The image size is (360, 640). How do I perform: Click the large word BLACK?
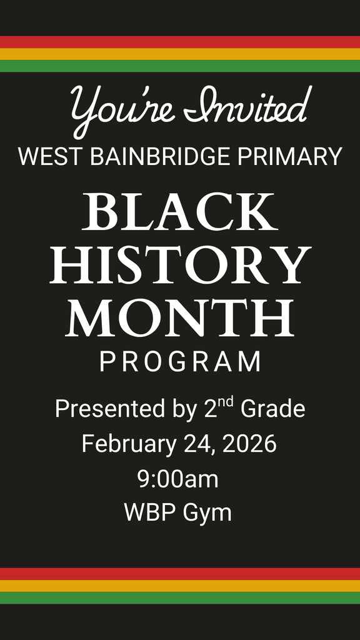point(179,212)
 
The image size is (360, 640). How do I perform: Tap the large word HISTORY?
point(180,265)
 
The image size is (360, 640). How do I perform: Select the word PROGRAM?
point(180,362)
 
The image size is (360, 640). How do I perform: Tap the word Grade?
point(273,409)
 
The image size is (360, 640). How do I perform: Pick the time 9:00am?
point(177,479)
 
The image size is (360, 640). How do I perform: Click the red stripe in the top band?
point(180,42)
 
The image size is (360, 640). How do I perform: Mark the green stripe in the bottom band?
point(180,598)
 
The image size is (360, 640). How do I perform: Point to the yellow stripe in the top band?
point(180,54)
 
